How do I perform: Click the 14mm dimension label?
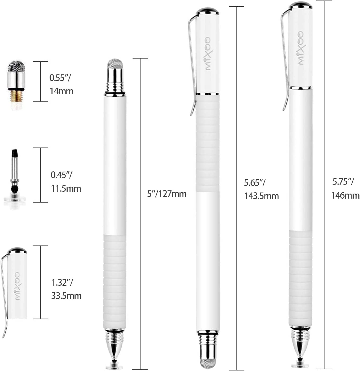point(62,91)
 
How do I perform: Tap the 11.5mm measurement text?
point(66,189)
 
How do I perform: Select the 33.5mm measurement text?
point(67,296)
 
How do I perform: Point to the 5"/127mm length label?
point(167,194)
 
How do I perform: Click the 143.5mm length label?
point(261,196)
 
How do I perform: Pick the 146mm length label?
point(345,195)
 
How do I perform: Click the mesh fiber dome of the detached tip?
point(16,66)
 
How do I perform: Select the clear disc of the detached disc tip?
point(15,200)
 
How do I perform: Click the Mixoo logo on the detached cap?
point(17,286)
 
